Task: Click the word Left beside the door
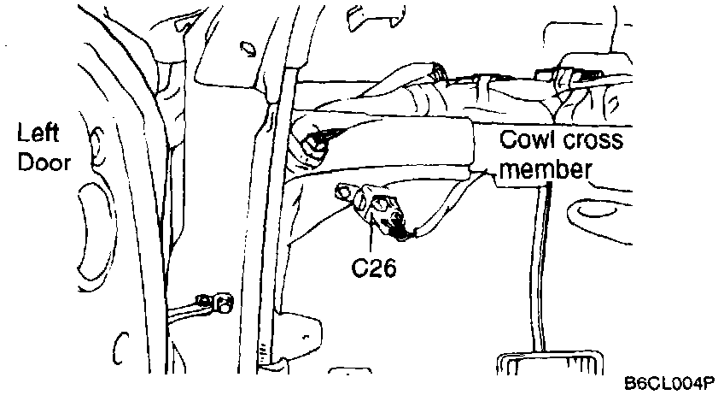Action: click(38, 135)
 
